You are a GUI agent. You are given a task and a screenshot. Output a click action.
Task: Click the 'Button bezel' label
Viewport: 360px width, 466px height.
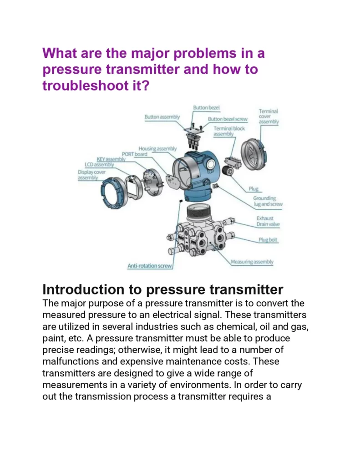(206, 107)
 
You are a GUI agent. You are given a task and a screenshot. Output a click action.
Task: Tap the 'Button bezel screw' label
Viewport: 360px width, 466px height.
(228, 119)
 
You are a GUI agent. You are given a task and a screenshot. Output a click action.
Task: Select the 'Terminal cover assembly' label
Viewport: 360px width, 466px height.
(269, 116)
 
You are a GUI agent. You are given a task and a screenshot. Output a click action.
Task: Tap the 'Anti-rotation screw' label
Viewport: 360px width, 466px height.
(150, 266)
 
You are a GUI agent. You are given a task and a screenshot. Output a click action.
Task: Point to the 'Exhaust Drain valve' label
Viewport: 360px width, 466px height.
(268, 221)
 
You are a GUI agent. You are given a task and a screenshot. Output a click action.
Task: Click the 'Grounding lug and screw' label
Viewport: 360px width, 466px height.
(268, 201)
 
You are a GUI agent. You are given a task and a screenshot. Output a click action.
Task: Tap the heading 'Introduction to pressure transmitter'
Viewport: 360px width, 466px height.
(162, 289)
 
